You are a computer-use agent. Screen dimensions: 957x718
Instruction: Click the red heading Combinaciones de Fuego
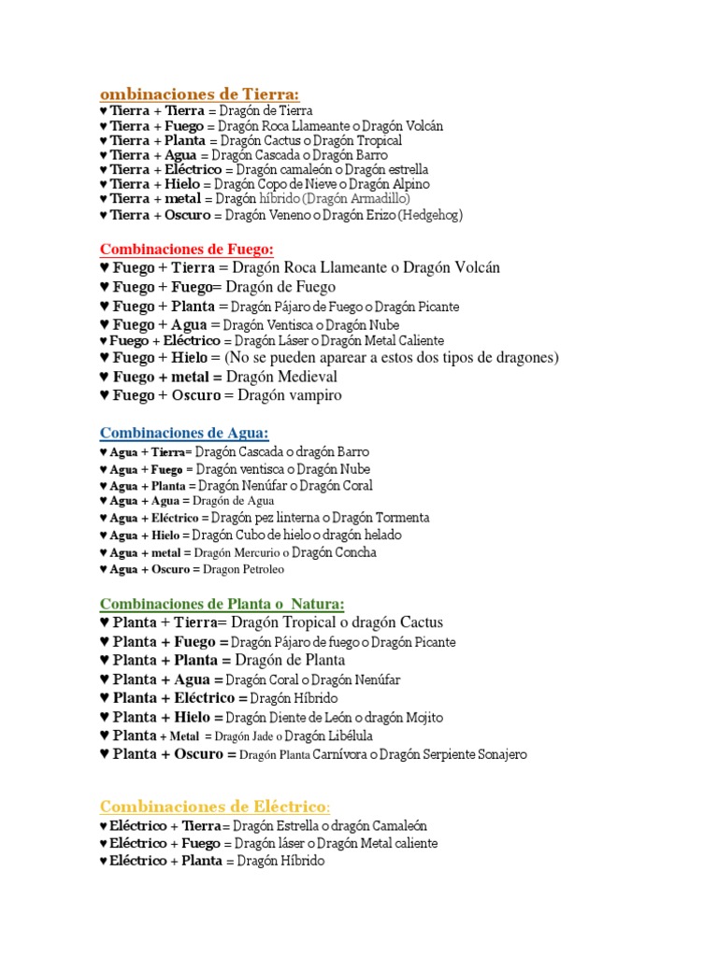pos(186,249)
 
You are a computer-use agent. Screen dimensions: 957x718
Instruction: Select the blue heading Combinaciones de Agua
pos(184,432)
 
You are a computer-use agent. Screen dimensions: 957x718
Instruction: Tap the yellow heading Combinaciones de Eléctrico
pos(214,807)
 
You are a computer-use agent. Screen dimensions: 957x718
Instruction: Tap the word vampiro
pos(317,395)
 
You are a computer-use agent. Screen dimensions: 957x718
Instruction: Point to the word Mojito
pos(424,718)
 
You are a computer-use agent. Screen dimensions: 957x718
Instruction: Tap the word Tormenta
pos(399,518)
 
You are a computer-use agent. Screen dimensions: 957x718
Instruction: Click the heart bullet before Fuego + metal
pos(104,377)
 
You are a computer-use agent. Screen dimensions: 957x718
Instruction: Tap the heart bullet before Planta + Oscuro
pos(104,754)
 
